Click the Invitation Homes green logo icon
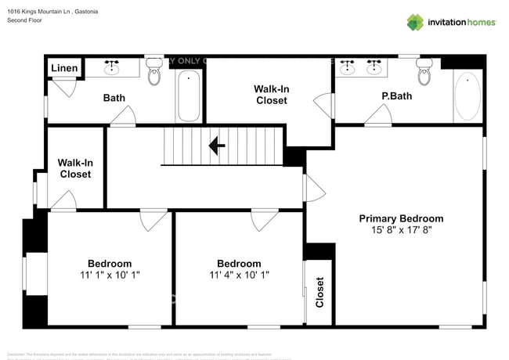point(414,22)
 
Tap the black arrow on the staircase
point(217,145)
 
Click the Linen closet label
point(64,69)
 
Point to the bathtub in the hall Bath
point(188,95)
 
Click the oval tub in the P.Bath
point(467,95)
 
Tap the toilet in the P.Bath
point(424,74)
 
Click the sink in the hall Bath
point(111,67)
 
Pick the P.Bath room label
point(396,97)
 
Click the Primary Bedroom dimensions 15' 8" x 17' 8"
point(401,230)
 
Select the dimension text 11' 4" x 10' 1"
point(239,275)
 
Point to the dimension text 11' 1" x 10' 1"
point(110,275)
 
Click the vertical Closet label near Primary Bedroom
point(319,292)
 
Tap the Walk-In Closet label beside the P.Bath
point(271,95)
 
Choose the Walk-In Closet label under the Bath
point(75,168)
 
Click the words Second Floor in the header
point(24,20)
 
